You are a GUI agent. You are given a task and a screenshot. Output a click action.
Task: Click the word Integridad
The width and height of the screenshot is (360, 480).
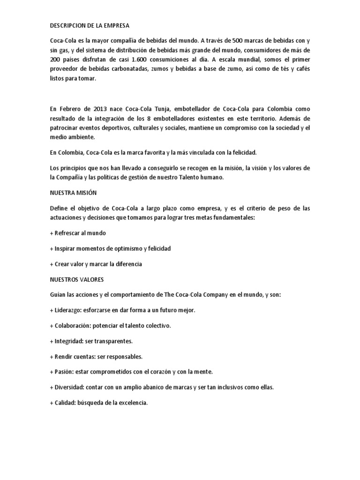[x=69, y=342]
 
